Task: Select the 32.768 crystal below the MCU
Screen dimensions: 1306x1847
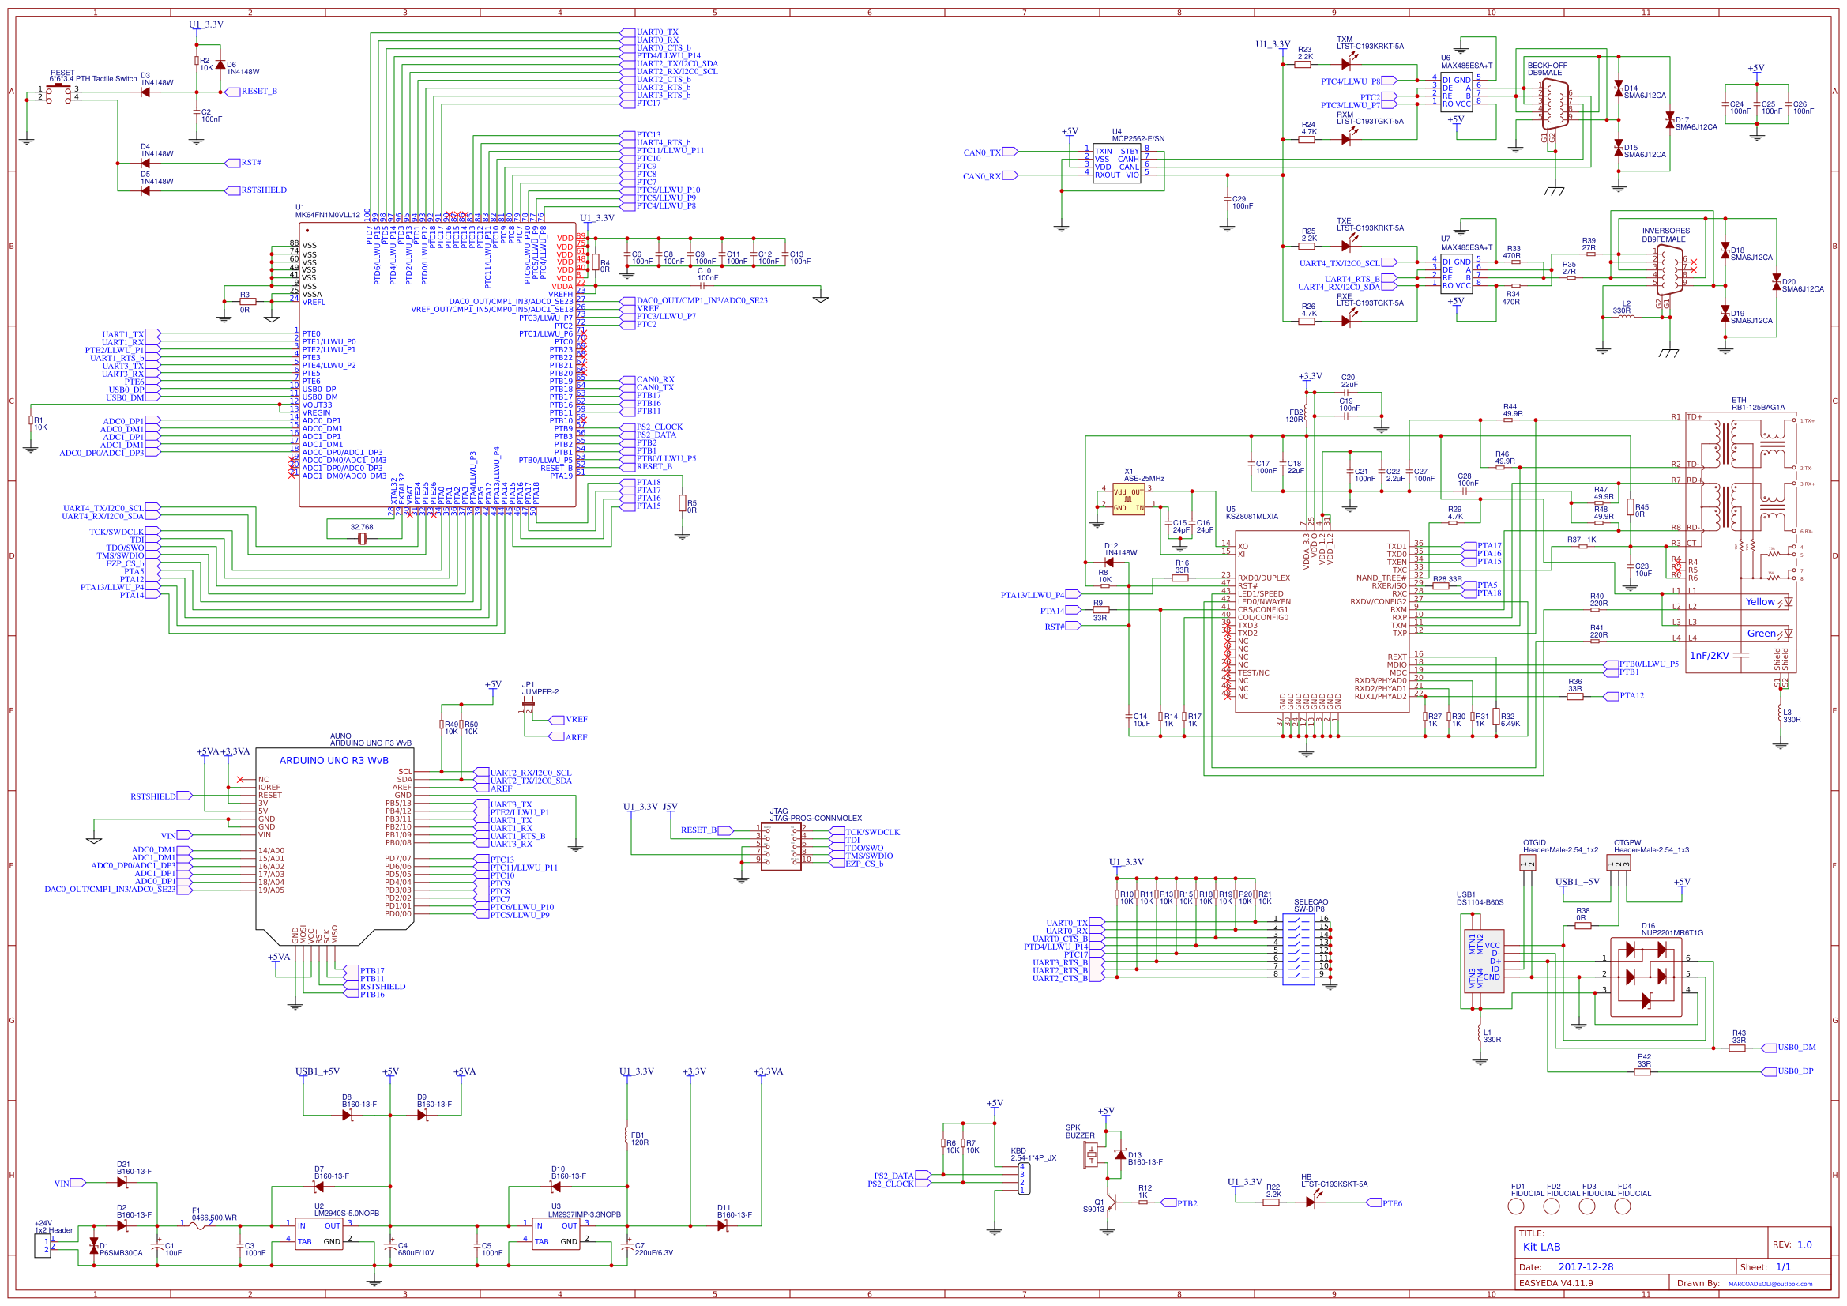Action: click(362, 538)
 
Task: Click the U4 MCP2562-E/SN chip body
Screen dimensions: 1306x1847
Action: click(1115, 164)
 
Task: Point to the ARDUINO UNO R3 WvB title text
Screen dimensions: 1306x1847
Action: click(334, 760)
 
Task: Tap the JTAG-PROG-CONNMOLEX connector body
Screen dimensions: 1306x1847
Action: click(781, 845)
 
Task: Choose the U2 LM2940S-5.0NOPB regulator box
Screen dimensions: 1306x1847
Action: click(319, 1233)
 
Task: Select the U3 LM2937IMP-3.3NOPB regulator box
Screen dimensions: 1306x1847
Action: click(556, 1233)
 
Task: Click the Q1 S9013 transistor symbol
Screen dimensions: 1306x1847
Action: click(1110, 1203)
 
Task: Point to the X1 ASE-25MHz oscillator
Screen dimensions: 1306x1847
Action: click(1128, 499)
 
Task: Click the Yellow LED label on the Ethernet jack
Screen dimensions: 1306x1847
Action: click(1759, 602)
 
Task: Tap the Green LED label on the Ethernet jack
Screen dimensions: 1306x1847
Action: click(1760, 634)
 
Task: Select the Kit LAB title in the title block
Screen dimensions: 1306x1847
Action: click(1541, 1247)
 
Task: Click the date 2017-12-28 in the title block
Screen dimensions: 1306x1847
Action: click(1586, 1266)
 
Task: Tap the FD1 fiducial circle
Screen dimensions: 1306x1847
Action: click(1515, 1206)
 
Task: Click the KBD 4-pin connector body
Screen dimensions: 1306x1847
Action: click(1023, 1178)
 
